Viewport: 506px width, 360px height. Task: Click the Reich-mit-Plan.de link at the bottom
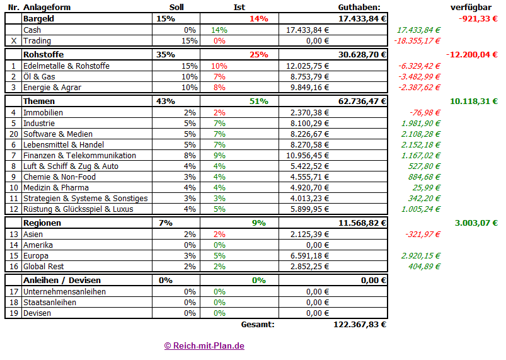point(204,345)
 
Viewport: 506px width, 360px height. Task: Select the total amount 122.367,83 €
point(359,325)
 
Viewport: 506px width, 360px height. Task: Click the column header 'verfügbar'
point(471,7)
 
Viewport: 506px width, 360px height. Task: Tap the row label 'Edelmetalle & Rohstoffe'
point(66,66)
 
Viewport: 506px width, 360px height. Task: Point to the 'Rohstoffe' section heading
point(43,54)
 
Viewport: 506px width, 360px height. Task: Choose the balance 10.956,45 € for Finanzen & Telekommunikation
point(308,155)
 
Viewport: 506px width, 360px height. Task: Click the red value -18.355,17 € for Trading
point(417,41)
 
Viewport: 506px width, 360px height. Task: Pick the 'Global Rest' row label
point(43,267)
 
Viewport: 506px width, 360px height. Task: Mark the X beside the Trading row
point(13,41)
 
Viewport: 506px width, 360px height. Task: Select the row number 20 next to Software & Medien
point(13,134)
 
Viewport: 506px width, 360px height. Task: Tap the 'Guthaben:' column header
point(359,7)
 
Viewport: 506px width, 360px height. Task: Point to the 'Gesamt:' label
point(258,325)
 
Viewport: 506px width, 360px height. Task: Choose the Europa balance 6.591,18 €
point(308,256)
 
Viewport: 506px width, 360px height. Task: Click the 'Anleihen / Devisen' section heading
point(62,280)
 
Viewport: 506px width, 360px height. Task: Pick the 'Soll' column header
point(177,7)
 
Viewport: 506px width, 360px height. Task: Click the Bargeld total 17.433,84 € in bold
point(362,18)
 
